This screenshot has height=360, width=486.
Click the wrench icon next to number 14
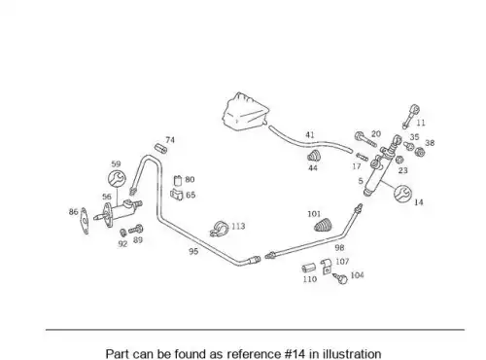[402, 194]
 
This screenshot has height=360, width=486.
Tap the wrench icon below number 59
[117, 178]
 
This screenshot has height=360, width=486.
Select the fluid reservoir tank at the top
[246, 112]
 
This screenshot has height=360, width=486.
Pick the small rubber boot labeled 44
[313, 156]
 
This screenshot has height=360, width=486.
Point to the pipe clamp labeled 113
[219, 229]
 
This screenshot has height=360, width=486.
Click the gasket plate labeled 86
[85, 220]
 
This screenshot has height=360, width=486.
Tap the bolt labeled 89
[136, 230]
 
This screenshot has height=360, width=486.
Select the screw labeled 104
[340, 278]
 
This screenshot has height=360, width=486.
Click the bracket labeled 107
[327, 267]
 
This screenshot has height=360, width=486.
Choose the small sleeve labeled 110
[309, 269]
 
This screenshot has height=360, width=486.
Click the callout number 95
[193, 251]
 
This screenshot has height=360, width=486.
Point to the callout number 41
[310, 134]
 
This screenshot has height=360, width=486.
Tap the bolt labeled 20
[366, 139]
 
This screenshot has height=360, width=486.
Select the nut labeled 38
[420, 152]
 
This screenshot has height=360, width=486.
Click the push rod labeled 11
[410, 116]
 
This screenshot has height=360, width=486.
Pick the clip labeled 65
[177, 194]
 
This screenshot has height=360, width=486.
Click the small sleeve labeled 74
[160, 148]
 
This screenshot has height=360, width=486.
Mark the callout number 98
[339, 248]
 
